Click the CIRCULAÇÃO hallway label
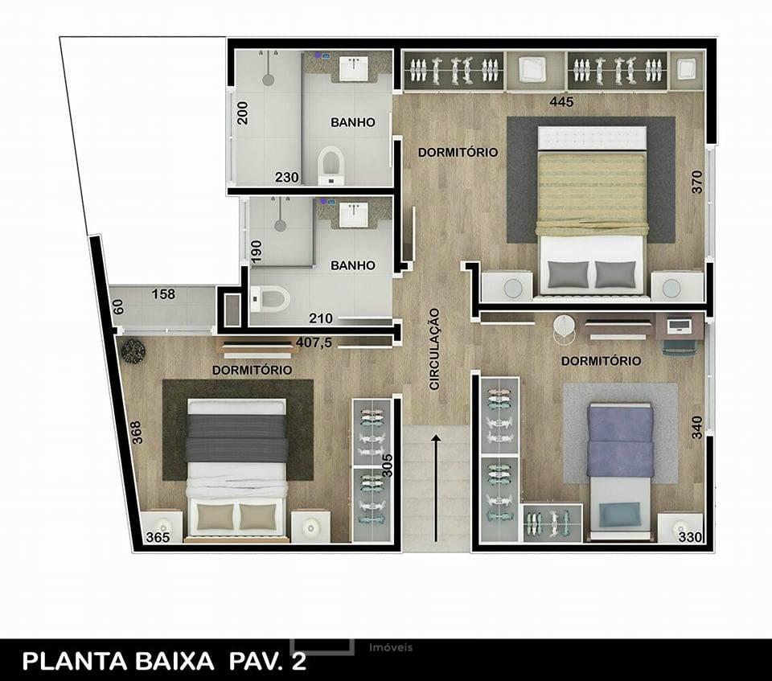434,349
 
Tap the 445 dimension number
562,101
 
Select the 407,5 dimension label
314,343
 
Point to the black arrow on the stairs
435,488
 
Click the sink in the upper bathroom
354,68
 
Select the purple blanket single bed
620,470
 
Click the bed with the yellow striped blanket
591,211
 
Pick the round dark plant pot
133,351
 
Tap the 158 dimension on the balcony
163,294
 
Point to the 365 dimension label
158,537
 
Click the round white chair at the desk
564,328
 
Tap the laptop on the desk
679,325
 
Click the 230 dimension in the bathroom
286,177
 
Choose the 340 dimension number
696,429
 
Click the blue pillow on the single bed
620,515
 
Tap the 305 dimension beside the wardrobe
388,465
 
